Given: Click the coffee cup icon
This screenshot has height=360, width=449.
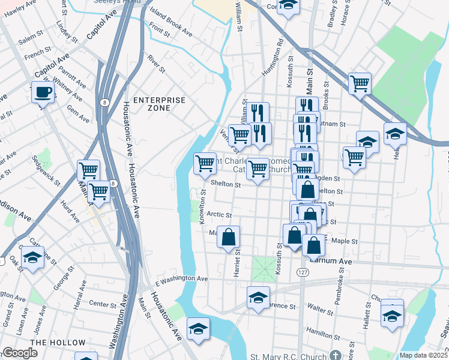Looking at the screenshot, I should point(43,92).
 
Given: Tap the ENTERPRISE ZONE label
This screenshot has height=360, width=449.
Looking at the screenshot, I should point(159,104).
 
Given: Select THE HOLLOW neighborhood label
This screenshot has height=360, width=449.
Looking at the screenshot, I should point(58,343).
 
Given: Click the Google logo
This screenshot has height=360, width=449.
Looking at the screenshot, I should point(20,353).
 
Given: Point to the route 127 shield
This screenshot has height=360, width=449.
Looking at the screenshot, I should point(302,272).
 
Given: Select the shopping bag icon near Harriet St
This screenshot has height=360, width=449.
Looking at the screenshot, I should point(229,238).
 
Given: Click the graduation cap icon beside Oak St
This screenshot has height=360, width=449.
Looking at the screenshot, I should point(32,258).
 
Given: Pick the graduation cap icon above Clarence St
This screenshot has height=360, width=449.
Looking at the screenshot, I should point(258,298).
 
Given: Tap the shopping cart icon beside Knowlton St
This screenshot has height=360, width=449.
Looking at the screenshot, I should point(205,163).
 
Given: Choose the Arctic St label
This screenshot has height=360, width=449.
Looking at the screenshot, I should point(218,214).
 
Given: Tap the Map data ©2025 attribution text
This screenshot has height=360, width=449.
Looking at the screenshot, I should point(423,355).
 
